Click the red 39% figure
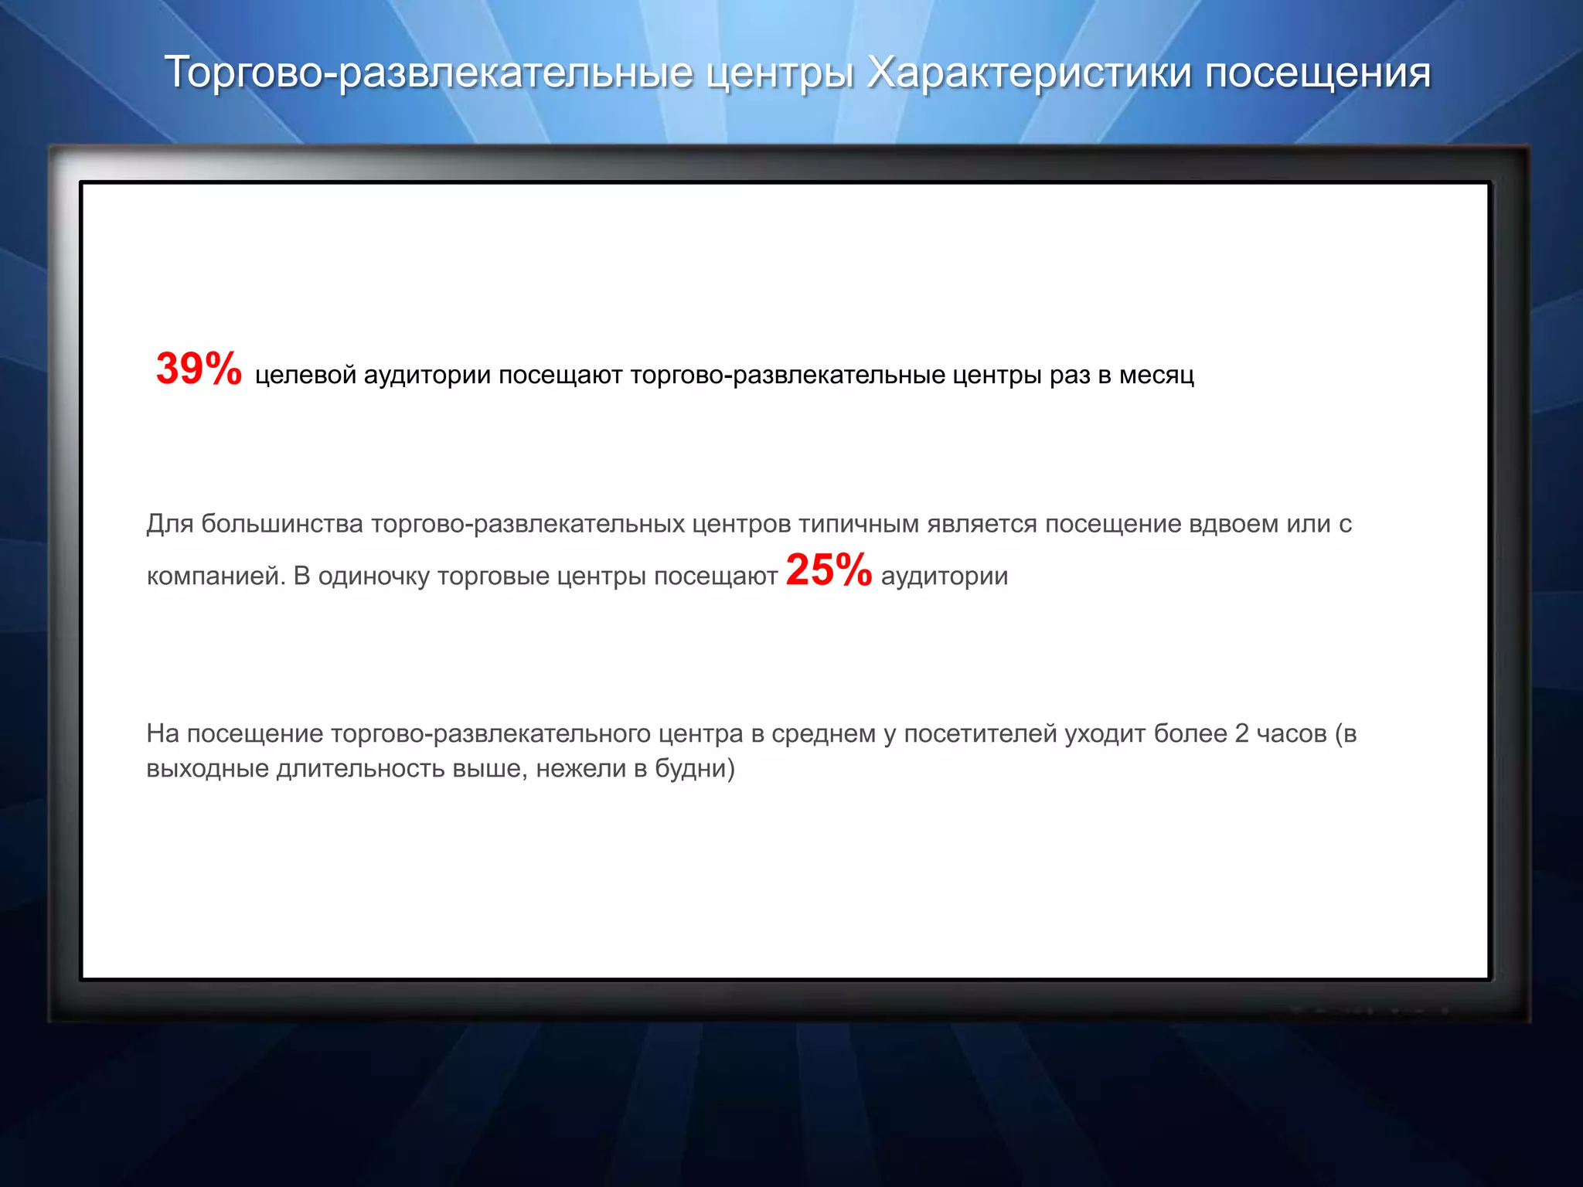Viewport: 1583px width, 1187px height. [199, 369]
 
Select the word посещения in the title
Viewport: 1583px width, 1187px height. [1318, 73]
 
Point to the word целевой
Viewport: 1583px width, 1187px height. [305, 376]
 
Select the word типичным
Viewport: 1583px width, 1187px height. [859, 524]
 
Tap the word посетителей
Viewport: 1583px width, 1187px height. [980, 733]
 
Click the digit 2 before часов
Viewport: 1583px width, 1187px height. [1241, 733]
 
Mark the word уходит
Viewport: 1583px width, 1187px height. [1105, 733]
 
